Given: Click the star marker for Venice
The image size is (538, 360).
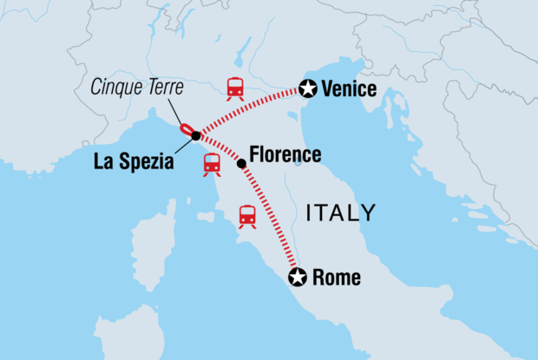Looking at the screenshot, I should (306, 88).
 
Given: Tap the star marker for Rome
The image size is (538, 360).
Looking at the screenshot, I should (298, 278).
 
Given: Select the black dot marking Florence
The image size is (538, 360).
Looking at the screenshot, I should (240, 162).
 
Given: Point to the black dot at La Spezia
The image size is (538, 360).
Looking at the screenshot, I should (196, 136).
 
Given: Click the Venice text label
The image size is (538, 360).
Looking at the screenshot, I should (349, 88).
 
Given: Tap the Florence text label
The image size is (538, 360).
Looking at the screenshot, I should (285, 155).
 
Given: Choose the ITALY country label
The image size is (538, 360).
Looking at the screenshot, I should (341, 213).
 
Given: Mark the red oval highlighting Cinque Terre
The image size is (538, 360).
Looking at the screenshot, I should (186, 130).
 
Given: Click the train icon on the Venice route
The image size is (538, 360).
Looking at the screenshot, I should (234, 87).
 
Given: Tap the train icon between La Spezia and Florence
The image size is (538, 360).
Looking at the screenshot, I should (212, 163).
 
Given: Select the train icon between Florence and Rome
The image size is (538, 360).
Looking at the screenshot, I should (247, 215).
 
